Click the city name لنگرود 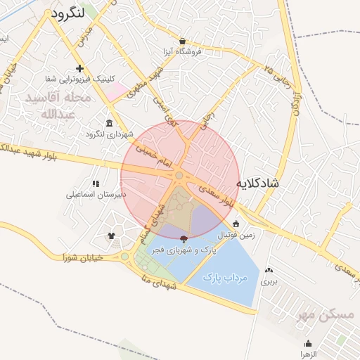pos(67,13)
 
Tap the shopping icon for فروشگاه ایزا pos(183,41)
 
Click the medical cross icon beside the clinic pos(80,68)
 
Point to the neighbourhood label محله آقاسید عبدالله pos(58,105)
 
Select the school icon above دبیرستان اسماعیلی pos(95,184)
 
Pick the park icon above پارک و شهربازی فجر pos(184,240)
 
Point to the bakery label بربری pos(269,281)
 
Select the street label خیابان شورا pos(83,257)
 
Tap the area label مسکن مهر pos(326,314)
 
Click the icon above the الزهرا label pos(308,344)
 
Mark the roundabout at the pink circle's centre pos(180,176)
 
